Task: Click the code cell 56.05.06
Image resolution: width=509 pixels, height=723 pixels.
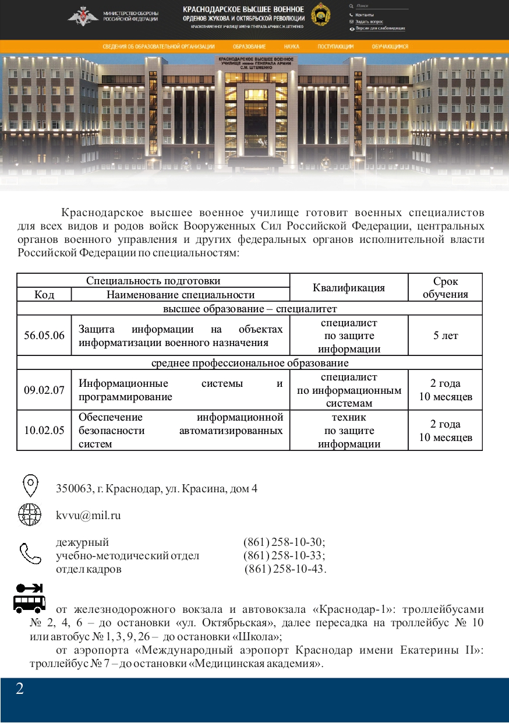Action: tap(44, 336)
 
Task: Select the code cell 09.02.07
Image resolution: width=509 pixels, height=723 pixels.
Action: tap(44, 390)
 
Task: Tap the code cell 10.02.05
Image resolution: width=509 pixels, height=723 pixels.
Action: tap(44, 431)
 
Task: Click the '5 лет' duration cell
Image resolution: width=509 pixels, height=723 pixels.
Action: tap(446, 336)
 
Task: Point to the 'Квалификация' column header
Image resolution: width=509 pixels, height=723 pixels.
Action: tap(349, 287)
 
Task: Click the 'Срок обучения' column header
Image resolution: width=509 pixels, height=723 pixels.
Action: tap(446, 287)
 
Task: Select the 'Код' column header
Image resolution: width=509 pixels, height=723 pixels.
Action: tap(44, 294)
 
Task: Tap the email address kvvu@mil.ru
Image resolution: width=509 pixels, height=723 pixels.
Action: tap(88, 516)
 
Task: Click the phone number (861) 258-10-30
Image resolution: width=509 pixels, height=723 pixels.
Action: tap(284, 542)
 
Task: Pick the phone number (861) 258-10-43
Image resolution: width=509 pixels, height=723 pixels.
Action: tap(285, 569)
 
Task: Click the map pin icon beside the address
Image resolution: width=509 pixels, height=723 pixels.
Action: tap(30, 485)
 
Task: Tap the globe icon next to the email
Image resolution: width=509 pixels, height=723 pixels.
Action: tap(30, 514)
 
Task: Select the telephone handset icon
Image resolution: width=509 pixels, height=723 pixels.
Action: tap(30, 553)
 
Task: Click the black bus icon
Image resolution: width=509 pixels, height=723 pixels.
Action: tap(30, 602)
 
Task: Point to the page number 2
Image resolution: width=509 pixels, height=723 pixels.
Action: tap(20, 689)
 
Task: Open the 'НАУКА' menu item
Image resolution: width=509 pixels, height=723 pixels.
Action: tap(292, 47)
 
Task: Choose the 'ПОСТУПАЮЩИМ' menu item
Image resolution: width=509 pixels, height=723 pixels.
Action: tap(335, 47)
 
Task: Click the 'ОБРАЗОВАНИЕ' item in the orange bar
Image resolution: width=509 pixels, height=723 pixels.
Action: tap(249, 47)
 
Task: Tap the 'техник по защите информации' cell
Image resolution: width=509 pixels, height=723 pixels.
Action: tap(349, 431)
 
